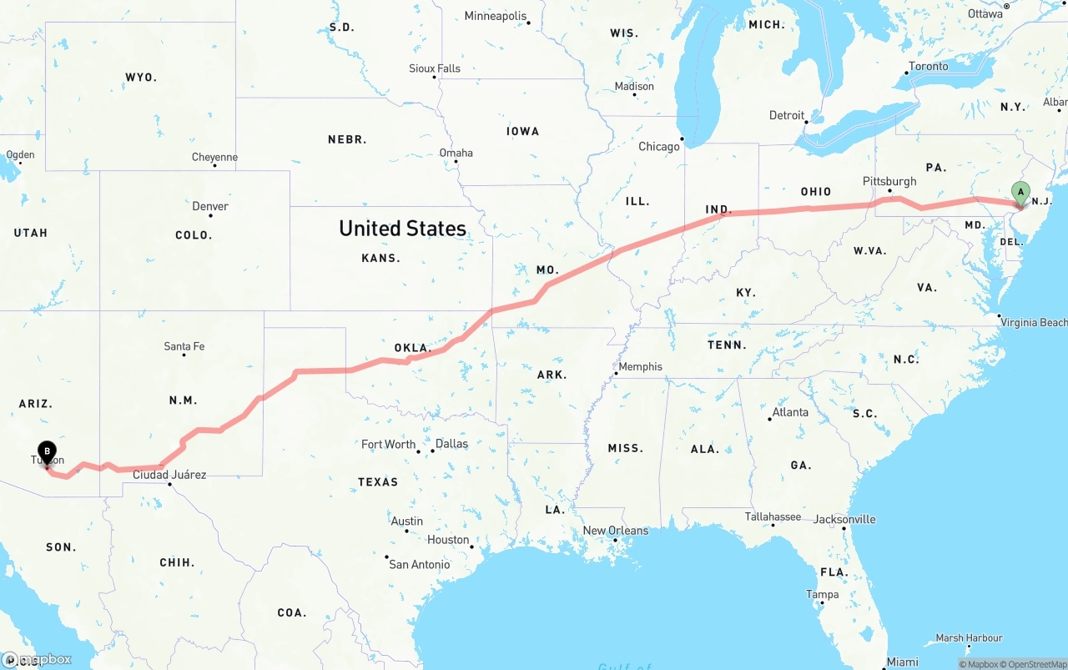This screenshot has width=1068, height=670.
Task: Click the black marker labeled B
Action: (x=47, y=452)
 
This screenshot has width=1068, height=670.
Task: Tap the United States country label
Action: (x=402, y=229)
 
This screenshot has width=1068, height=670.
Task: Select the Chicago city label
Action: (x=659, y=147)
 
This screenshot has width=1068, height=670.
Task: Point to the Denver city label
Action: (x=210, y=206)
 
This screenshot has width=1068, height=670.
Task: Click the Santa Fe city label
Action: (x=184, y=346)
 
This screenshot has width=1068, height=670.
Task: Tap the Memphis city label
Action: (x=641, y=366)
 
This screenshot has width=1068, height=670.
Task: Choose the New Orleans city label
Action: (x=615, y=531)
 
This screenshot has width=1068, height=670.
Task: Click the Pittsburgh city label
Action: (x=889, y=181)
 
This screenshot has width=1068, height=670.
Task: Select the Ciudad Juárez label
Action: (x=169, y=475)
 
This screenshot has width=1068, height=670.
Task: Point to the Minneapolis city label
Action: (x=496, y=16)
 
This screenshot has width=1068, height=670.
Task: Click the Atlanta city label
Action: (x=790, y=412)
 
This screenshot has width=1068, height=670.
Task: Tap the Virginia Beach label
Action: (x=1034, y=322)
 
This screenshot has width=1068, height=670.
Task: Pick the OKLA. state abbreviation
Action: (x=412, y=348)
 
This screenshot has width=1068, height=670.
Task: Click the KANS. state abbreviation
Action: (x=380, y=259)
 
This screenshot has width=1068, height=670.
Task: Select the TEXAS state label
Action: (x=378, y=482)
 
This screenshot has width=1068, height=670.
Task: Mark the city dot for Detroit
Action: (x=807, y=122)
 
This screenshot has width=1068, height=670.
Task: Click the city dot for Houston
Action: (x=472, y=547)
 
